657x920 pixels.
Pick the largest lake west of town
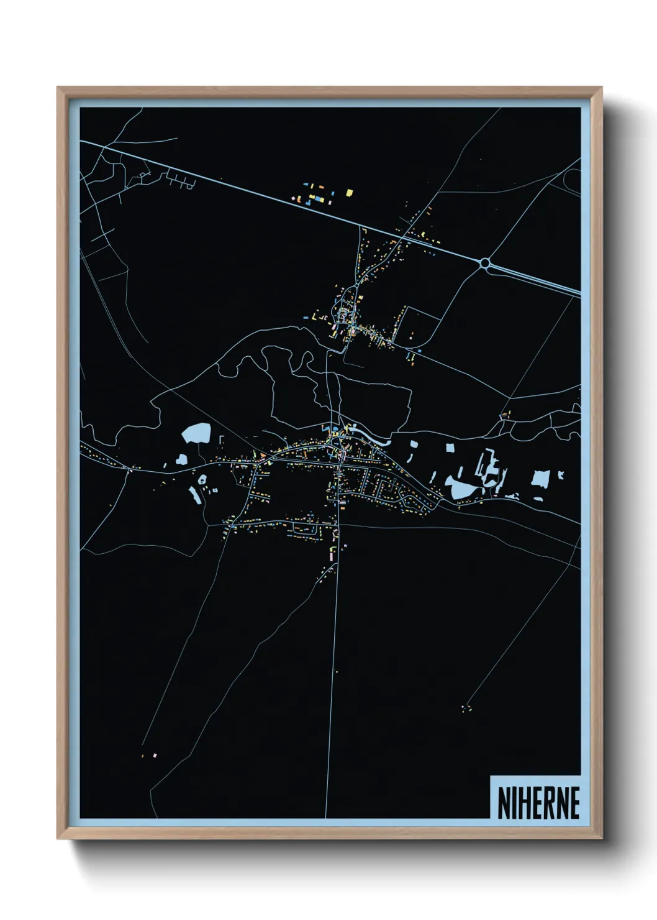point(197,433)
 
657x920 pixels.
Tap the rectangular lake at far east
point(540,479)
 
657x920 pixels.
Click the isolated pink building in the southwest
point(155,755)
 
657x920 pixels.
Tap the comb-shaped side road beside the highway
point(180,180)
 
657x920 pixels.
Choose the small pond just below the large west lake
point(182,459)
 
